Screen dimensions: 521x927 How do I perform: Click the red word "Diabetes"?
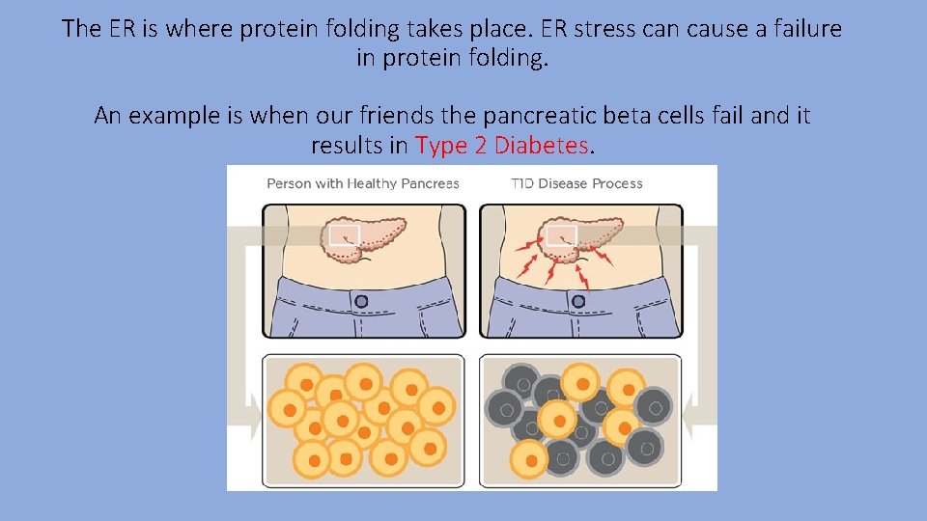543,147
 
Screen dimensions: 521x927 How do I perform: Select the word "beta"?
628,117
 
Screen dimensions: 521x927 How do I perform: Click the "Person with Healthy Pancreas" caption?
362,183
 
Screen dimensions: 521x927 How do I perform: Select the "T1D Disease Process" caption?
576,183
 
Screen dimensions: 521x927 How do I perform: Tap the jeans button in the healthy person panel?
361,301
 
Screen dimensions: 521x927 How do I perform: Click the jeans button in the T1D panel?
577,301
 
